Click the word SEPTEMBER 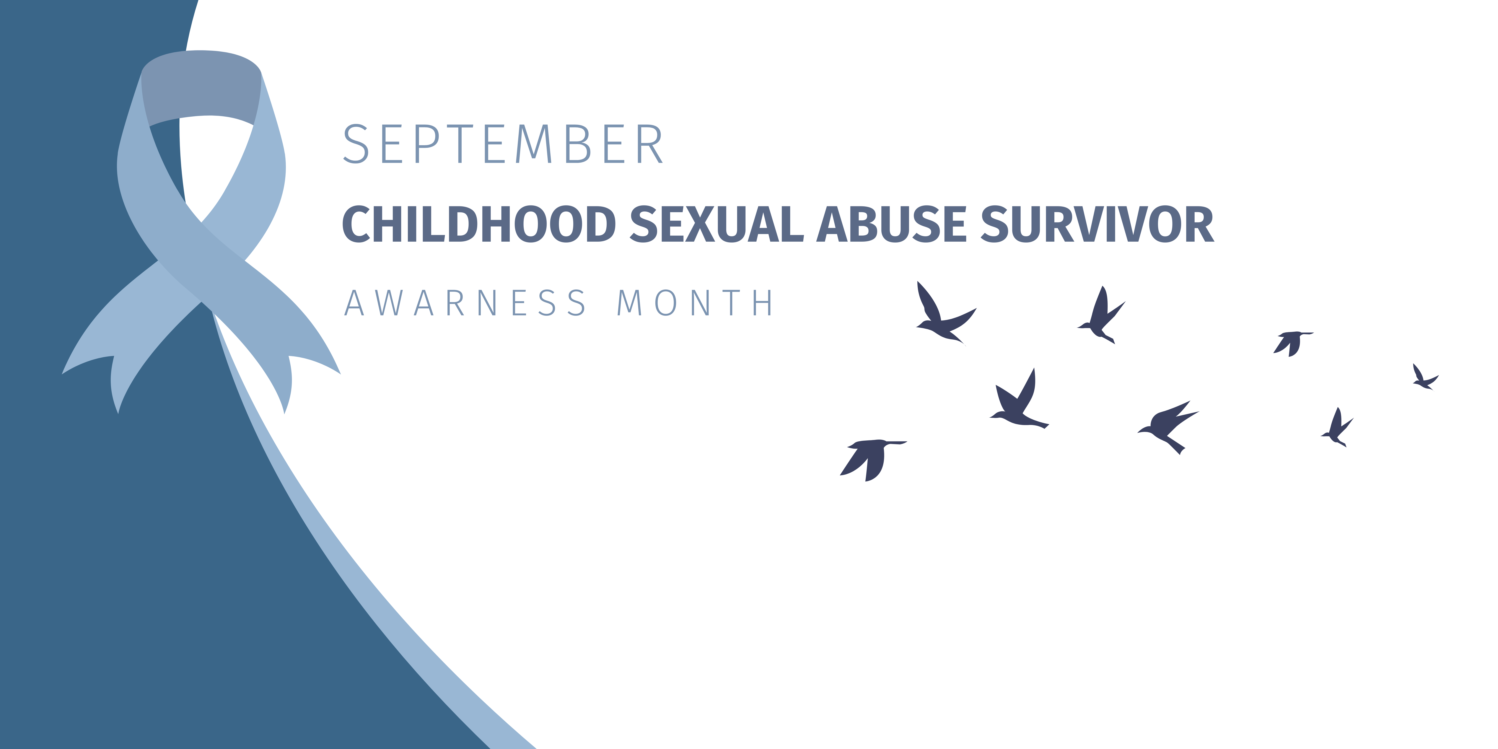(503, 144)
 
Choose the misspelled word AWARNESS (465, 303)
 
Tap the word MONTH (695, 303)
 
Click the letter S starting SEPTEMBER (356, 144)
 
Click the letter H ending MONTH (762, 303)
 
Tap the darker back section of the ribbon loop (201, 87)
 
